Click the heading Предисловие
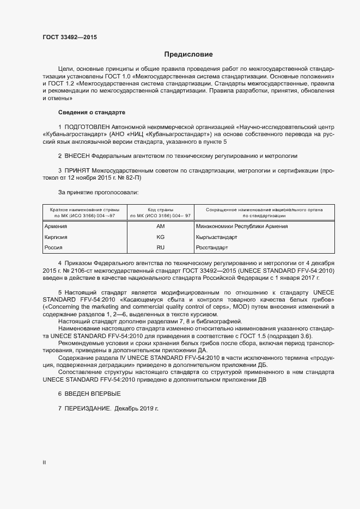click(188, 54)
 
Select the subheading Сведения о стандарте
click(91, 112)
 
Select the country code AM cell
click(160, 226)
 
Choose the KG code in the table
click(160, 237)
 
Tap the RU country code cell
click(160, 248)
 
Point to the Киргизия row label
click(57, 237)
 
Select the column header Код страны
click(160, 210)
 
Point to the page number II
click(44, 462)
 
